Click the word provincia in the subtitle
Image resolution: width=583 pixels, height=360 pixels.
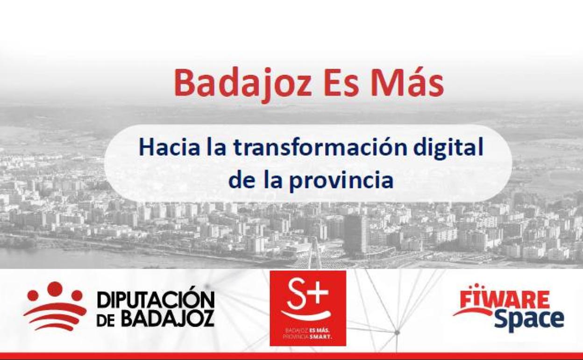(x=341, y=181)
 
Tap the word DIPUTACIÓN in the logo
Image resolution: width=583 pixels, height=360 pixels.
(x=156, y=301)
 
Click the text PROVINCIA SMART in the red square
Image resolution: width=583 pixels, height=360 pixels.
(x=308, y=337)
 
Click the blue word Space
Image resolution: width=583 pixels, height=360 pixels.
(x=529, y=320)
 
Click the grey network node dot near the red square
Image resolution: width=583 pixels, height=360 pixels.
(x=397, y=332)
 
